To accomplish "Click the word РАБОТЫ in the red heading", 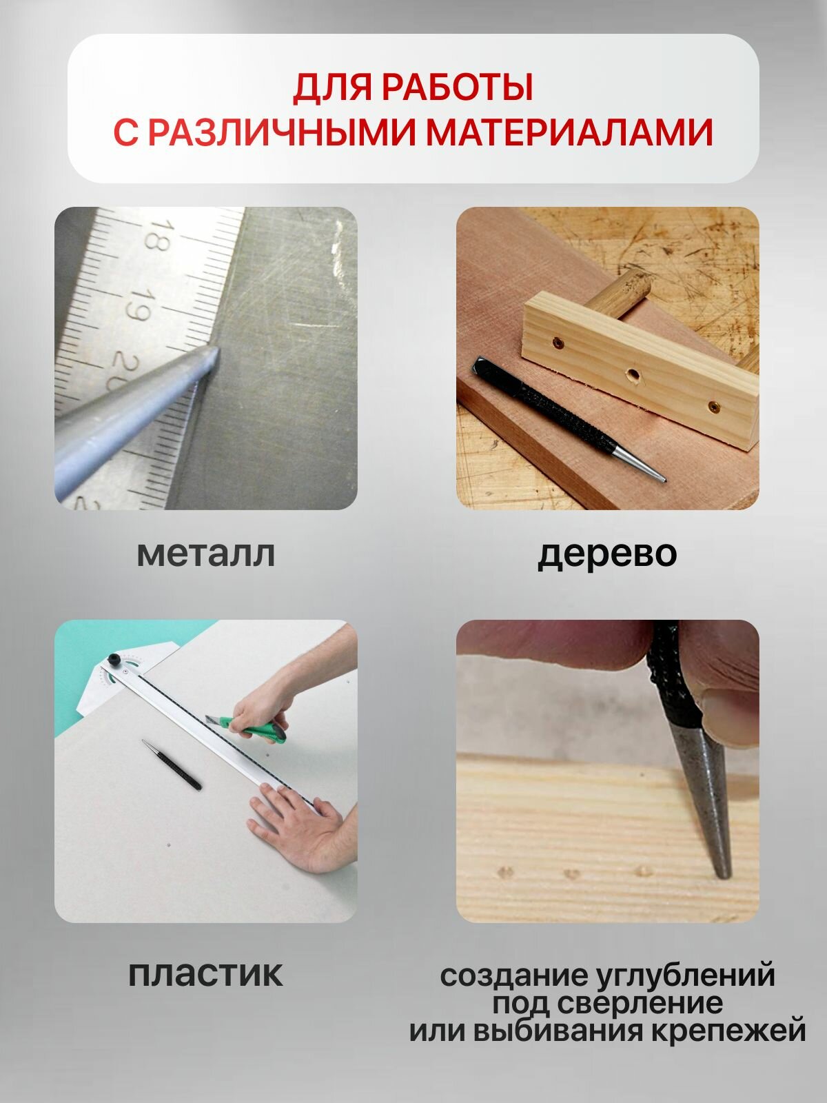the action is pyautogui.click(x=457, y=88).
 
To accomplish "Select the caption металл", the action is pyautogui.click(x=206, y=554).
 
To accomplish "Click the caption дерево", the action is pyautogui.click(x=607, y=555).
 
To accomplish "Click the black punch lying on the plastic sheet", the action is pyautogui.click(x=172, y=765).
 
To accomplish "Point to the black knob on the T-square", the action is pyautogui.click(x=114, y=659).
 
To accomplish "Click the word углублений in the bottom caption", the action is pyautogui.click(x=686, y=976).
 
